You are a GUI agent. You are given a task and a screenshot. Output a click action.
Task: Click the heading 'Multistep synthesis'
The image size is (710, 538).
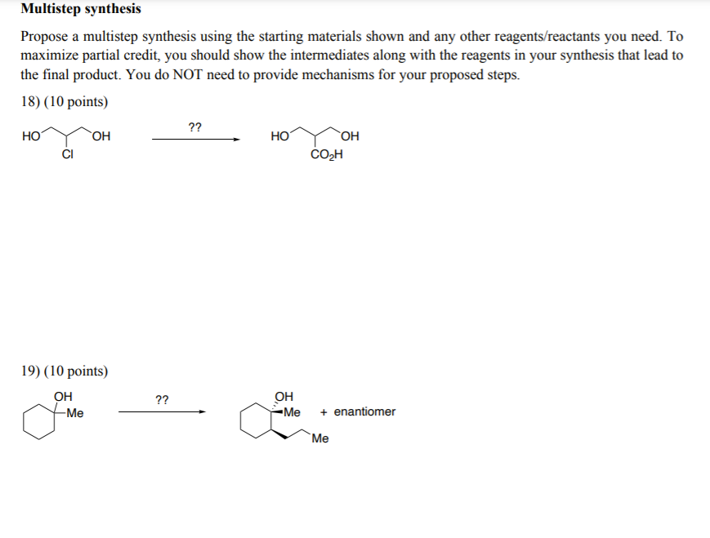tap(81, 10)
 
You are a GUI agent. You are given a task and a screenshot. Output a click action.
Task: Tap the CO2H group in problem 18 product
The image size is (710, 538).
tap(327, 155)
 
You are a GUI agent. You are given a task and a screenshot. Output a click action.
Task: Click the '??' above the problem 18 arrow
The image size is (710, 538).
tap(195, 127)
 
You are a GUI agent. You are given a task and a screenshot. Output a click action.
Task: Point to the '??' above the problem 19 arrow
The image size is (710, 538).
tap(162, 399)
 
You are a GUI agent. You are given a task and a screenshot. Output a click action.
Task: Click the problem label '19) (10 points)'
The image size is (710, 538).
tap(63, 371)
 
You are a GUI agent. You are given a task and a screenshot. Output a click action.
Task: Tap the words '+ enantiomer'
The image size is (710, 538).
tap(359, 411)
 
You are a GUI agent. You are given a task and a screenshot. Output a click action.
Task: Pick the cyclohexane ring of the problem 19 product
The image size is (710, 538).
tap(255, 423)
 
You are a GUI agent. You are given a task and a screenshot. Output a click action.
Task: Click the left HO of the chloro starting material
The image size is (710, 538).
tap(32, 136)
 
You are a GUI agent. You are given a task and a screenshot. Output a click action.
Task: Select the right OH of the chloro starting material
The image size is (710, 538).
tap(102, 136)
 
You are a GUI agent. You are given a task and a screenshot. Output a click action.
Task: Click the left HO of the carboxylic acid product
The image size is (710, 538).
tap(279, 136)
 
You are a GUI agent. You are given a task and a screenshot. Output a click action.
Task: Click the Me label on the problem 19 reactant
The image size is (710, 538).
tap(75, 412)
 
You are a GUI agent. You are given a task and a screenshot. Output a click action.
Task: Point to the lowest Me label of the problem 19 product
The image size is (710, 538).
tap(320, 439)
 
